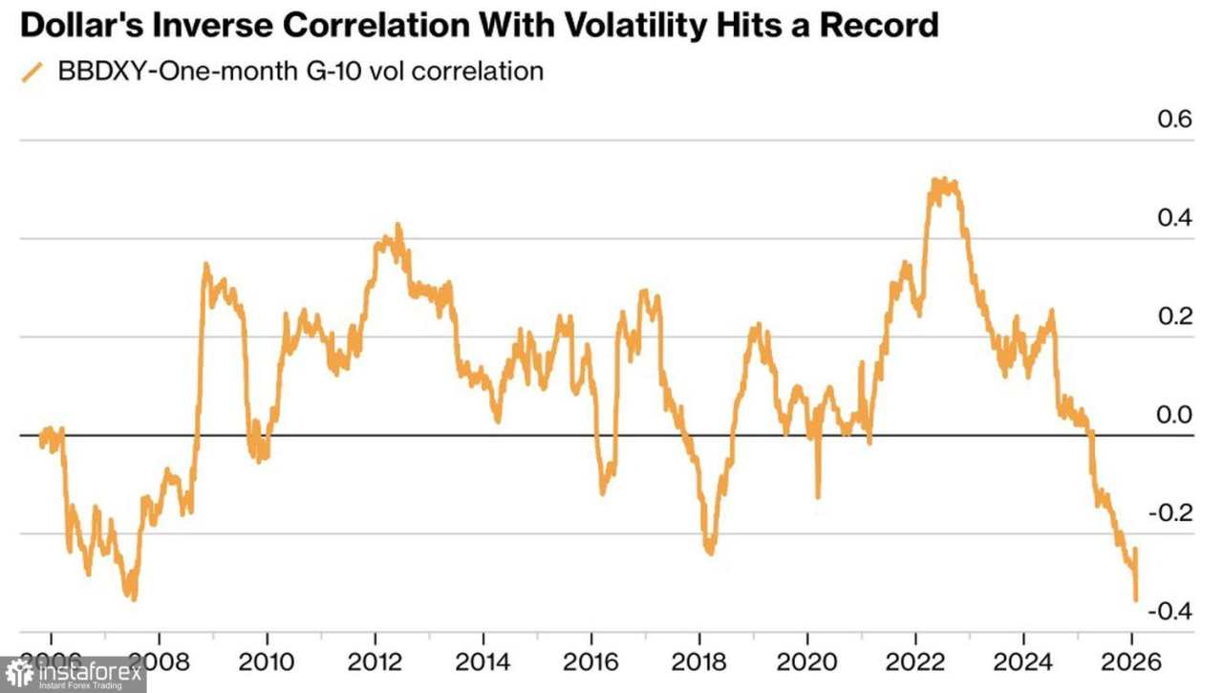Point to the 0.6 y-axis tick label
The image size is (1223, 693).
point(1174,120)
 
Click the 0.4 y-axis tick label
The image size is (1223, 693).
point(1174,219)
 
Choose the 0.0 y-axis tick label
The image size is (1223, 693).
point(1174,416)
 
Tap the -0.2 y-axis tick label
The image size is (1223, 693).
point(1170,513)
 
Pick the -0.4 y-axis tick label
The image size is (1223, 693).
point(1170,612)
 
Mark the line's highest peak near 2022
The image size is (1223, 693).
point(942,181)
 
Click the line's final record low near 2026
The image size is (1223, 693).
point(1135,600)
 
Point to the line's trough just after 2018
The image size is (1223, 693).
point(709,552)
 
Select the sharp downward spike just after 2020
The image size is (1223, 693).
point(818,497)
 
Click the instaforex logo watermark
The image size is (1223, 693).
point(74,674)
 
